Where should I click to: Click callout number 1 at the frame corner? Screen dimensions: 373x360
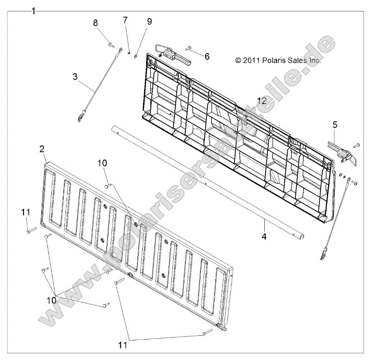click(x=34, y=11)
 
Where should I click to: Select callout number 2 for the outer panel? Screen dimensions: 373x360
click(x=42, y=149)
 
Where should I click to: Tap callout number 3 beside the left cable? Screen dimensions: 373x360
click(x=75, y=77)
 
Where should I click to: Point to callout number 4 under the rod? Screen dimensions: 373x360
click(x=264, y=236)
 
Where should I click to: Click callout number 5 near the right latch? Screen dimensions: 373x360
click(x=335, y=124)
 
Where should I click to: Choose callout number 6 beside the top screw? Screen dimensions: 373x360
click(x=207, y=57)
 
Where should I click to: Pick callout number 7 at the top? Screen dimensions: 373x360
click(x=125, y=20)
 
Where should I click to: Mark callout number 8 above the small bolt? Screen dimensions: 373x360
click(x=95, y=23)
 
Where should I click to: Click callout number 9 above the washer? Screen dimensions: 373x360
click(x=149, y=22)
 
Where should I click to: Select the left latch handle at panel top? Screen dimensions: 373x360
click(x=173, y=55)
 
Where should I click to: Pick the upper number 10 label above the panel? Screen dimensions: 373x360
click(x=102, y=163)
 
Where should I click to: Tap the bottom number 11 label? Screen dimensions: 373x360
click(x=123, y=345)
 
